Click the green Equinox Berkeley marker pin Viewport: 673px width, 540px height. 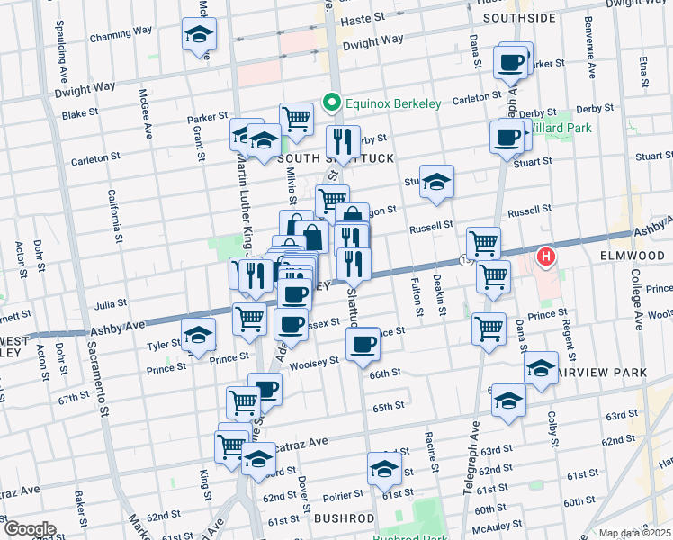click(x=332, y=103)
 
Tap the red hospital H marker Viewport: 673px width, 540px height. click(x=546, y=258)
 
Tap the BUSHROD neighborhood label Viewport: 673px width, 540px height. click(x=344, y=518)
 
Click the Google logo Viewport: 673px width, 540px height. click(x=29, y=529)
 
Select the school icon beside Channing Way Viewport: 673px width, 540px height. click(x=199, y=35)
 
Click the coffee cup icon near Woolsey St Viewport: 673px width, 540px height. click(x=363, y=343)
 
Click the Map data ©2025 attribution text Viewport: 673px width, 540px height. click(x=635, y=533)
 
